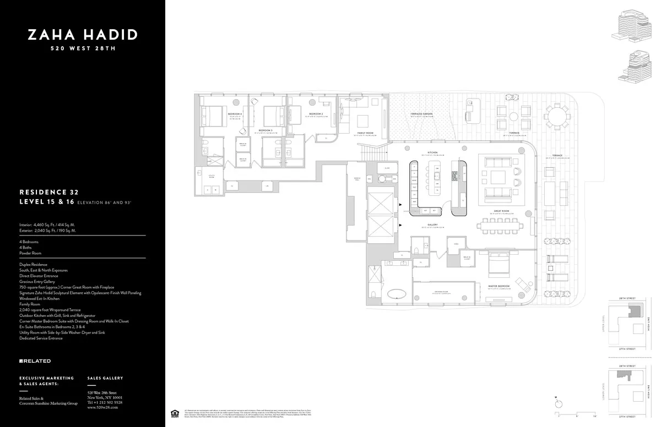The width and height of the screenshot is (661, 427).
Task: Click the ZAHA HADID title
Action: click(83, 35)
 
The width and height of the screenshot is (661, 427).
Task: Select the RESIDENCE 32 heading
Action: click(49, 193)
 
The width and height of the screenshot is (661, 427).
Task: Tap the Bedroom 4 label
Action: click(235, 114)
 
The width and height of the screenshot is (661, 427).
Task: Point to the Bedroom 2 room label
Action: click(316, 114)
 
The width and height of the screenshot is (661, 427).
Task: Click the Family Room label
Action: click(365, 133)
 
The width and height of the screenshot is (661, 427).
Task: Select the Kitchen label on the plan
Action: click(432, 152)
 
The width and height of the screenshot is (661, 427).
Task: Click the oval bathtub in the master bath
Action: click(397, 293)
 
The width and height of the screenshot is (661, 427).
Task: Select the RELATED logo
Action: click(35, 361)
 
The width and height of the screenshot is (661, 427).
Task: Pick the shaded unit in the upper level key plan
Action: click(635, 311)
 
